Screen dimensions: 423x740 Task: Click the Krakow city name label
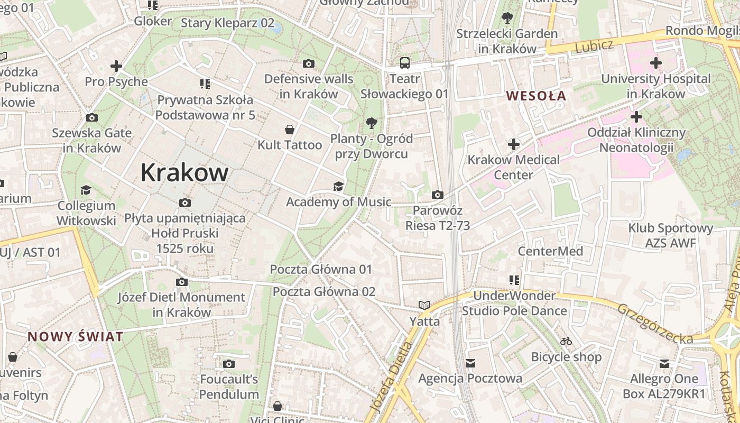pyautogui.click(x=184, y=172)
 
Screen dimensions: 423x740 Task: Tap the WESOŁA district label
pyautogui.click(x=536, y=96)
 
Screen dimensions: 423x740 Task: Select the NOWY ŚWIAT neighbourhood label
pyautogui.click(x=75, y=336)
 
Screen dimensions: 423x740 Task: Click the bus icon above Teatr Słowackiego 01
pyautogui.click(x=405, y=63)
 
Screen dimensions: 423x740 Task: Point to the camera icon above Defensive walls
pyautogui.click(x=309, y=64)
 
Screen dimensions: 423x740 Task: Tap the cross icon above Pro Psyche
pyautogui.click(x=116, y=66)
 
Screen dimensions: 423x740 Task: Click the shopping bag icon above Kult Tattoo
pyautogui.click(x=290, y=130)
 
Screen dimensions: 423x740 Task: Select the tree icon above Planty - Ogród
pyautogui.click(x=372, y=123)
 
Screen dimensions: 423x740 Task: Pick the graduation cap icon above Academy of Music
pyautogui.click(x=338, y=186)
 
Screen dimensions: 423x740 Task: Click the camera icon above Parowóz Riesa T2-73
pyautogui.click(x=437, y=195)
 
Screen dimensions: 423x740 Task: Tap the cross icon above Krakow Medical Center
pyautogui.click(x=514, y=144)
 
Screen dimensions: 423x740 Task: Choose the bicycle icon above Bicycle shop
pyautogui.click(x=566, y=341)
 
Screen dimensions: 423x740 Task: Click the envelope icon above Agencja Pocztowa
pyautogui.click(x=470, y=363)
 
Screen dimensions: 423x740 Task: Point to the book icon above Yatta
pyautogui.click(x=424, y=305)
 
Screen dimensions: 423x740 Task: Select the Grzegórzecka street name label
pyautogui.click(x=655, y=323)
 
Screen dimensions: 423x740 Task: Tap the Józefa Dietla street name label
pyautogui.click(x=392, y=377)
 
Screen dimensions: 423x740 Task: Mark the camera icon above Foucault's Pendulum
pyautogui.click(x=229, y=364)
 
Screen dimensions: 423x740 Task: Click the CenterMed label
pyautogui.click(x=550, y=251)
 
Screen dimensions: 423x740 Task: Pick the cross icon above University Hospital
pyautogui.click(x=656, y=63)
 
